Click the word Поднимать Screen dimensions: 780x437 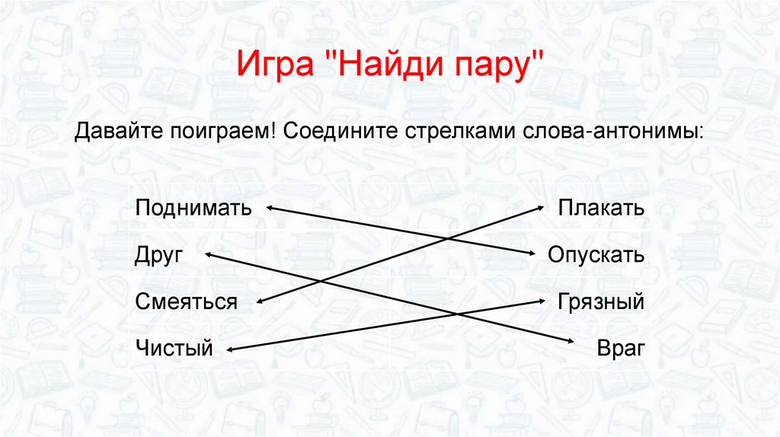(193, 208)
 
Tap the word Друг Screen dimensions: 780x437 (159, 255)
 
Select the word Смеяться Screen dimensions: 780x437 (187, 302)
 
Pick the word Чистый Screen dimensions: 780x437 (174, 349)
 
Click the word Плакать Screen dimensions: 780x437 (601, 208)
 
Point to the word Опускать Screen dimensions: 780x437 (596, 255)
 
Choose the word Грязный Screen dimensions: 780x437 (600, 302)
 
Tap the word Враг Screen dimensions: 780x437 (621, 349)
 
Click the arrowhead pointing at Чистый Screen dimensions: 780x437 (231, 349)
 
